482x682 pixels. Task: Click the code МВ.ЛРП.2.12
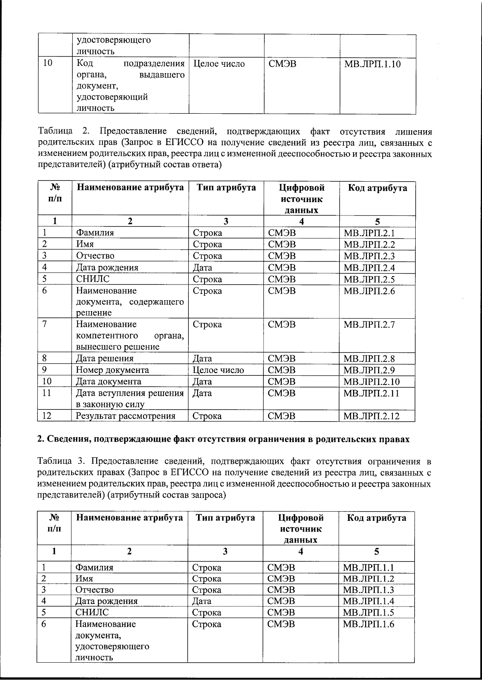coord(372,416)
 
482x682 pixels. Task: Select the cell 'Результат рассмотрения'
coord(126,416)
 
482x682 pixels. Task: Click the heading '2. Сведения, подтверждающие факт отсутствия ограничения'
coord(223,439)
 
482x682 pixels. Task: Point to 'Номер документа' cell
coord(112,370)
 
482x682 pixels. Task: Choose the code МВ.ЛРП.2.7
coord(369,325)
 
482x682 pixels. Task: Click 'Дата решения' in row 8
coord(105,358)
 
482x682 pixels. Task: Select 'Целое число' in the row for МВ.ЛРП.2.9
coord(218,370)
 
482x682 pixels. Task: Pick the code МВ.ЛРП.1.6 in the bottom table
coord(368,624)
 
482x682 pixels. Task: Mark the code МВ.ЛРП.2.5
coord(369,279)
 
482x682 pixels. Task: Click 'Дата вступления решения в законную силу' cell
coord(130,399)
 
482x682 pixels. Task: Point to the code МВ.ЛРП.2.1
coord(369,233)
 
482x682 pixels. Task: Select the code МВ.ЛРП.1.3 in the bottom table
coord(368,590)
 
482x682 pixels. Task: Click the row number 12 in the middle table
coord(47,416)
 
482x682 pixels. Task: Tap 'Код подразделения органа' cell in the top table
coord(130,86)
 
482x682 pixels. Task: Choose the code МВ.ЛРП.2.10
coord(372,381)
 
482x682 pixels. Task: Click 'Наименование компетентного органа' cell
coord(130,335)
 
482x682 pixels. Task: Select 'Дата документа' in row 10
coord(108,381)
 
